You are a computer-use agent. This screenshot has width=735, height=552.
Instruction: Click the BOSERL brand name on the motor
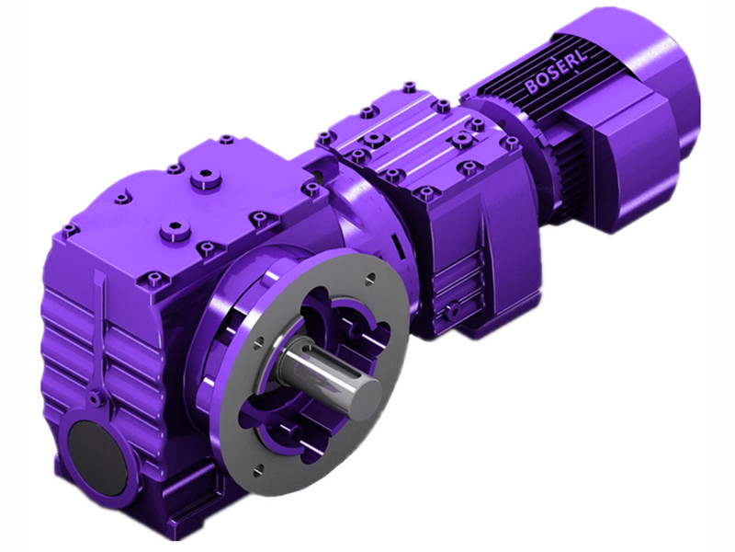[x=557, y=73]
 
